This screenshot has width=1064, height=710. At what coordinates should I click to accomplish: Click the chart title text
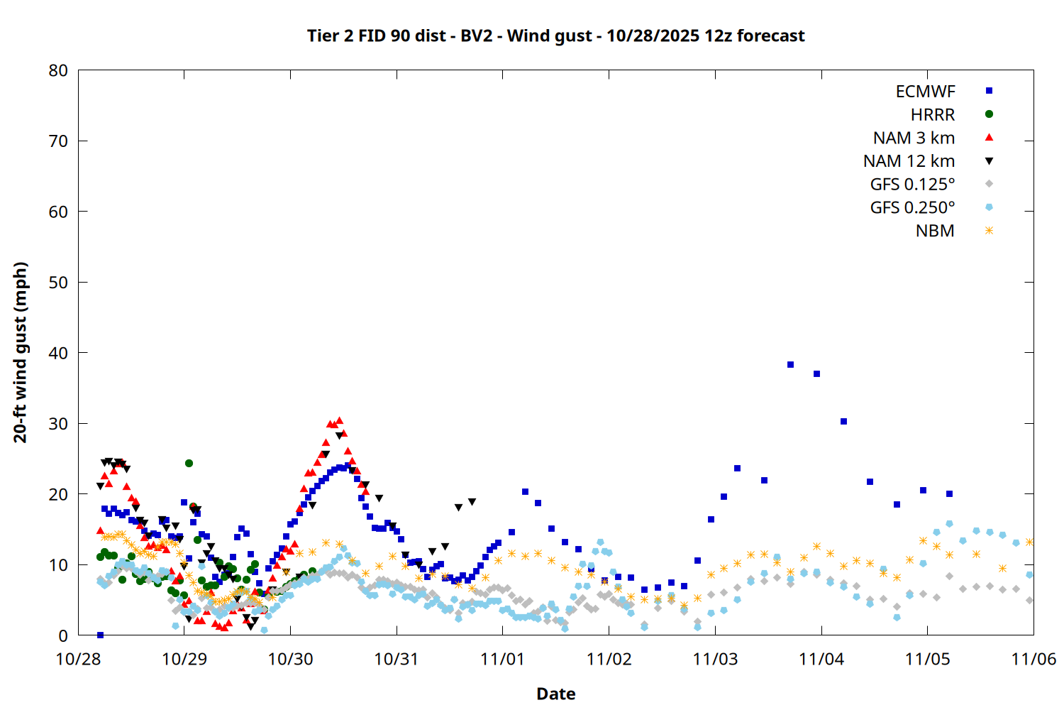(555, 36)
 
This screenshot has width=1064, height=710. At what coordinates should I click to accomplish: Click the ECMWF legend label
(925, 92)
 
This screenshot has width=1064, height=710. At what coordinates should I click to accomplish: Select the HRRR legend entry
(933, 115)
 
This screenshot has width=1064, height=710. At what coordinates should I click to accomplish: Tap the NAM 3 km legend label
(914, 138)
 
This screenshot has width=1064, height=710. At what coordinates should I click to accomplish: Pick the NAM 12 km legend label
(909, 161)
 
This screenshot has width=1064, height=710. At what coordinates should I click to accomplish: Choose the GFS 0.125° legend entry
(912, 185)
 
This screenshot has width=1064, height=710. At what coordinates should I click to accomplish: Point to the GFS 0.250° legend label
(912, 208)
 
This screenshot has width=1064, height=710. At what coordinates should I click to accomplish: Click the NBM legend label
(935, 231)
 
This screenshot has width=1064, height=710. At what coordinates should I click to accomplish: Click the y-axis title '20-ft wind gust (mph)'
(21, 352)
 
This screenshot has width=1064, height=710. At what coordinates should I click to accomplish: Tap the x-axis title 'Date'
(555, 694)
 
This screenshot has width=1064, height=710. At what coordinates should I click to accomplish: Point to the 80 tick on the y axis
(59, 70)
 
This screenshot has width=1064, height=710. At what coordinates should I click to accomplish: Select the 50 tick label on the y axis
(59, 283)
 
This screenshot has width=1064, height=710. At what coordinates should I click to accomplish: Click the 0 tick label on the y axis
(64, 635)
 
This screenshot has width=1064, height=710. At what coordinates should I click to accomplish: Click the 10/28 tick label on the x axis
(78, 659)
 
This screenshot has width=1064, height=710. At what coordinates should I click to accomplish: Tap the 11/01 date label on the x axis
(502, 659)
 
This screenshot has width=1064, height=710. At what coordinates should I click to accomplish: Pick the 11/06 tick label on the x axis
(1033, 659)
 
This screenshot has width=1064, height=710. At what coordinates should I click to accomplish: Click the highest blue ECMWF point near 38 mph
(790, 365)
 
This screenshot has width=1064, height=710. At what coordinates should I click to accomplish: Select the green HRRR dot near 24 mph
(189, 463)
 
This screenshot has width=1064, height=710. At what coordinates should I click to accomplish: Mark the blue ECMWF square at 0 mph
(100, 635)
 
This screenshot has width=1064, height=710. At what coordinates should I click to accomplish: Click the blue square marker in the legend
(989, 91)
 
